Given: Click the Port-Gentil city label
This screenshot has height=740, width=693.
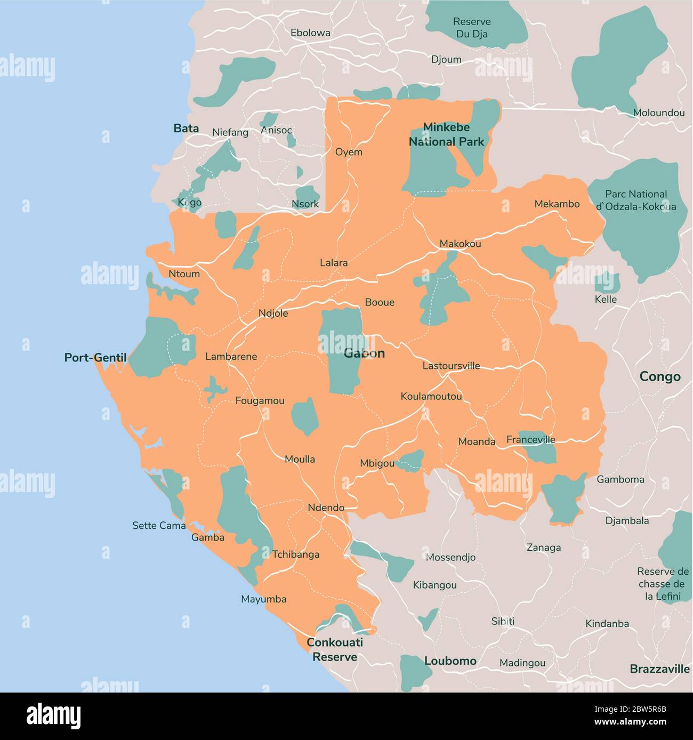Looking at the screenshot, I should point(95,358).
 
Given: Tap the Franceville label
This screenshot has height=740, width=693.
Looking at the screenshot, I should point(530,439).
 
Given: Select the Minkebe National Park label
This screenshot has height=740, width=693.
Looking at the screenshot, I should point(446,134).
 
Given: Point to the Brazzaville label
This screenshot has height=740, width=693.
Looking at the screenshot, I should point(659,669).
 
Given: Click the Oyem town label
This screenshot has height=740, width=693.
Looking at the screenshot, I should point(349,152).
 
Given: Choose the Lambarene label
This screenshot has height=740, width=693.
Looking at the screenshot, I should point(231,357).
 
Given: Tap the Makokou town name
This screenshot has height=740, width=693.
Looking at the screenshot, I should point(460,244).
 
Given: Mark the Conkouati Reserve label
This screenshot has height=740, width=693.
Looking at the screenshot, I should point(335,649).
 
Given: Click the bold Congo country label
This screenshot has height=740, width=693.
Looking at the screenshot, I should point(660,376).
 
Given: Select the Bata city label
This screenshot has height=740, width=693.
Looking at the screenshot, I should point(186,128).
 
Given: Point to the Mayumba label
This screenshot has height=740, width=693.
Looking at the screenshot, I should point(263,599).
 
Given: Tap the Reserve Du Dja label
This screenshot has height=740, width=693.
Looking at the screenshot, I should point(472,28).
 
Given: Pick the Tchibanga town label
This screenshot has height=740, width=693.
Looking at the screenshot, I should point(296,554).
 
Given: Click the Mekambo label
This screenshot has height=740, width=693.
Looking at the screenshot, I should point(557,204).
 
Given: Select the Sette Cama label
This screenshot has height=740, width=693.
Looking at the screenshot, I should point(159,526).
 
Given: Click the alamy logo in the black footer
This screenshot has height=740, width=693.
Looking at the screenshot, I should point(53,715).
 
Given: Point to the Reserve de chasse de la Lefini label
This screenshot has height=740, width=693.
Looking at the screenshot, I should point(663,584).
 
